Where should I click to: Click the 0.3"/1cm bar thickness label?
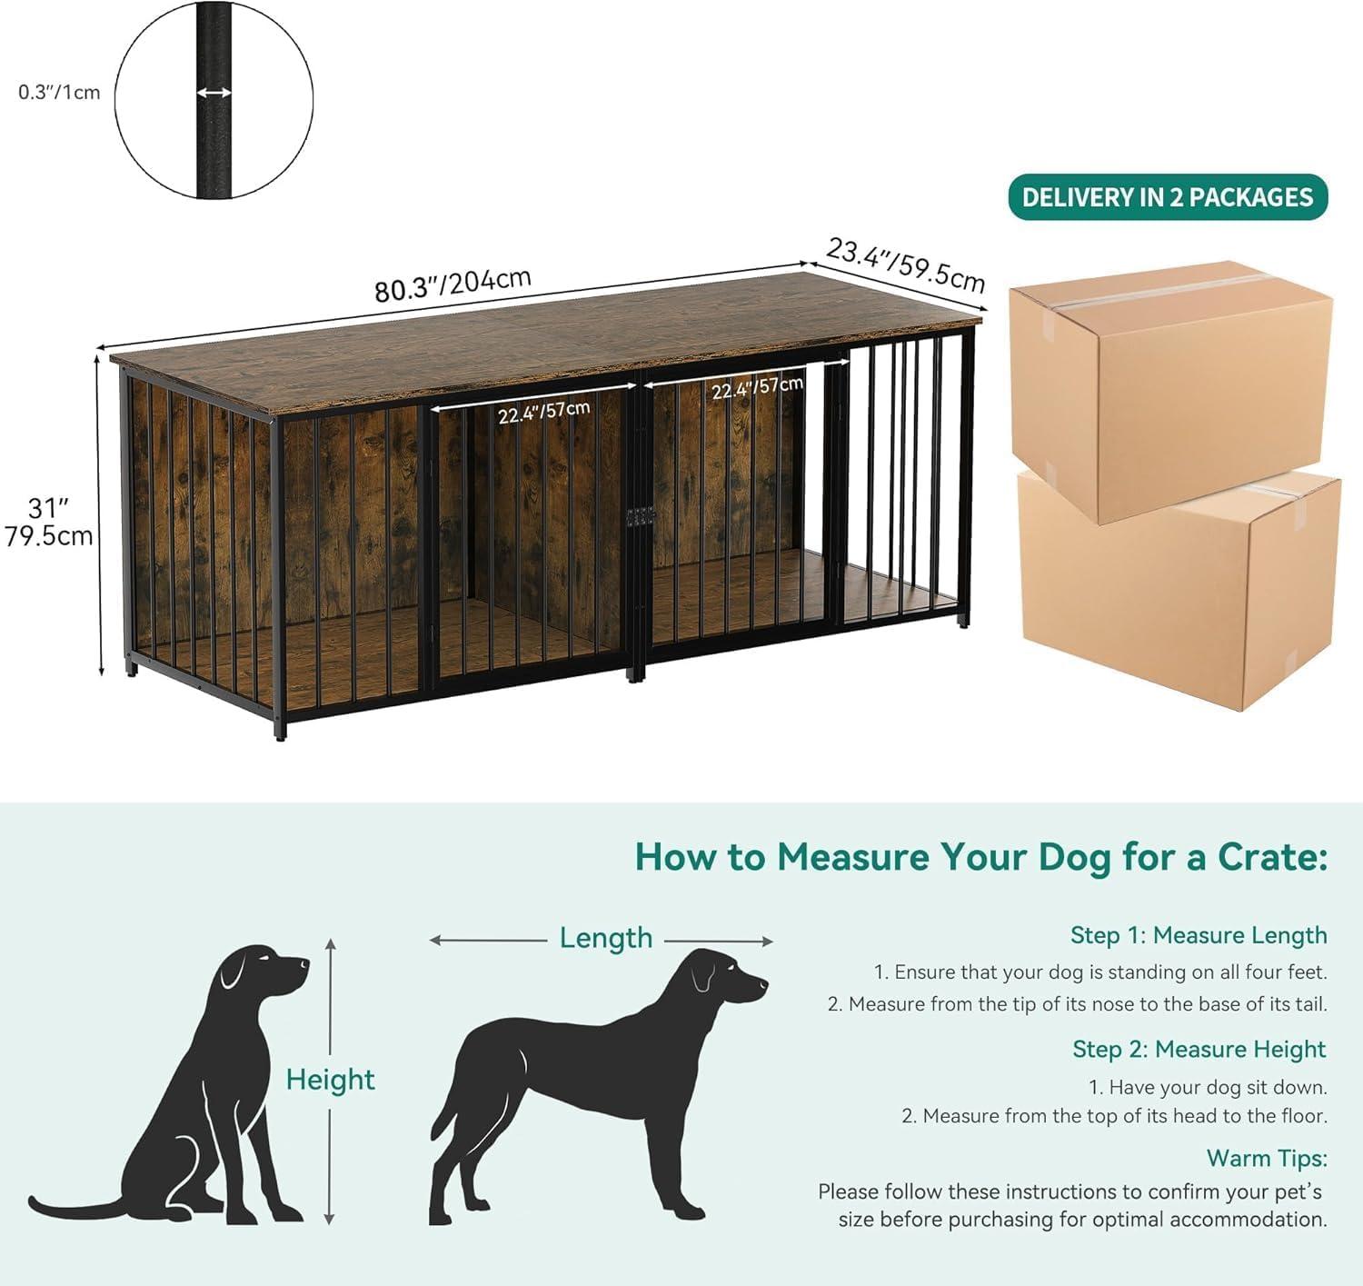(x=59, y=92)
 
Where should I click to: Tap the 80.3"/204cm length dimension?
(x=453, y=284)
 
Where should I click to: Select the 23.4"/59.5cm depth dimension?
(x=905, y=265)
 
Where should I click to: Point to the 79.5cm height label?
(x=49, y=536)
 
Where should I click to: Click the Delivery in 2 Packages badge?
(x=1168, y=197)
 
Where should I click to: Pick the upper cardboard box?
(x=1171, y=392)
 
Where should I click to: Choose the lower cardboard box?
(x=1179, y=591)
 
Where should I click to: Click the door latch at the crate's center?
(x=640, y=516)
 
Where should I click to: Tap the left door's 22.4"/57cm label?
(x=543, y=412)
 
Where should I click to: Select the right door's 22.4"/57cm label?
(x=757, y=387)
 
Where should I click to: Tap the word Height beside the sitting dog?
(x=330, y=1080)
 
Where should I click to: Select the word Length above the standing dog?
(x=606, y=938)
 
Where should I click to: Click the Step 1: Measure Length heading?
(x=1199, y=935)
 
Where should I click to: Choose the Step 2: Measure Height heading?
(x=1199, y=1049)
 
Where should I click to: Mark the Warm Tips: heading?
(x=1267, y=1158)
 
